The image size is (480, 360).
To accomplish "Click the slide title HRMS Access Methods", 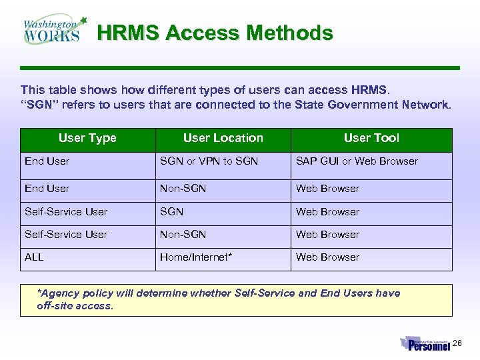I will (x=215, y=33).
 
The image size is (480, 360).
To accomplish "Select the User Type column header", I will (x=87, y=138).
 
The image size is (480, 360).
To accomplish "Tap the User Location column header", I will (x=223, y=138).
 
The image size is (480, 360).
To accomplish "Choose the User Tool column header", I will (x=371, y=138).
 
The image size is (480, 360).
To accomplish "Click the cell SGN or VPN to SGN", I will (x=209, y=161).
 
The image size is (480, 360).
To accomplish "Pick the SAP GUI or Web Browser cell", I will (x=357, y=161).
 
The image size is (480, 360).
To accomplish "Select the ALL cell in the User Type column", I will (x=34, y=257).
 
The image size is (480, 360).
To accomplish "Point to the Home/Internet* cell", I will (x=196, y=257).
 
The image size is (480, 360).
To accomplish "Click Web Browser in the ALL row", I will (x=327, y=257).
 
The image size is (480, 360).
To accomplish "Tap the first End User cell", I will (x=47, y=161).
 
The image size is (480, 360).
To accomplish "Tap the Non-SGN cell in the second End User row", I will (x=183, y=189).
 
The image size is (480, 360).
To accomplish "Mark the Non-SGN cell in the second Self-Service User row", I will (x=183, y=235).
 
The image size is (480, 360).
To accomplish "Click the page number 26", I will (x=457, y=343).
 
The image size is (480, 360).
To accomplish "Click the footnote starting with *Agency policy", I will (x=219, y=299).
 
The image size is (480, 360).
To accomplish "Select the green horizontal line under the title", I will (x=240, y=68).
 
